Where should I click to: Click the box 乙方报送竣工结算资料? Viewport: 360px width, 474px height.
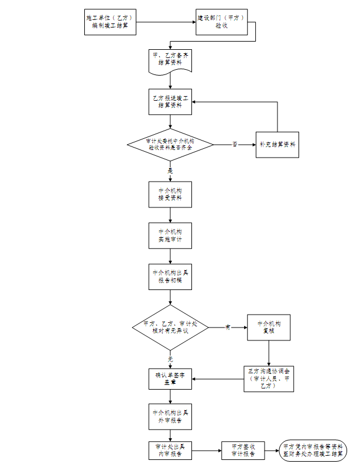[170, 101]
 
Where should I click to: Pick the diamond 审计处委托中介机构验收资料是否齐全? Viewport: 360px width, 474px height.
[170, 145]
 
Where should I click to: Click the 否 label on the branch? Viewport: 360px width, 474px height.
[235, 144]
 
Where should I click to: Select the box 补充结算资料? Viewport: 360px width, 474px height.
[277, 144]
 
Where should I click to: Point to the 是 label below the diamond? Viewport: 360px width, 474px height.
[170, 170]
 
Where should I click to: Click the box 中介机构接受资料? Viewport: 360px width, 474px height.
[170, 195]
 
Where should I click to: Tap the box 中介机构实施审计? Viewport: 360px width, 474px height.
[170, 236]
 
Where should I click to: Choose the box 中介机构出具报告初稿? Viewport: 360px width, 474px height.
[170, 277]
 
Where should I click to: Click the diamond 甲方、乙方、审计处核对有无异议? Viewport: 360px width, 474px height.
[170, 327]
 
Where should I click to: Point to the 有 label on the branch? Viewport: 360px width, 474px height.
[228, 327]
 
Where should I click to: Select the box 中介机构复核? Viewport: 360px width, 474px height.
[269, 327]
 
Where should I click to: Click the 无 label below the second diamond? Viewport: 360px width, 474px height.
[170, 358]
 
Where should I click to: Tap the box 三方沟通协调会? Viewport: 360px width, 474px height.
[269, 378]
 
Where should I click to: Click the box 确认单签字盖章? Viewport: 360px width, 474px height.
[170, 378]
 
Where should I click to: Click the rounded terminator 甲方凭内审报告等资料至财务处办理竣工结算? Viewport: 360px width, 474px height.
[313, 450]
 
